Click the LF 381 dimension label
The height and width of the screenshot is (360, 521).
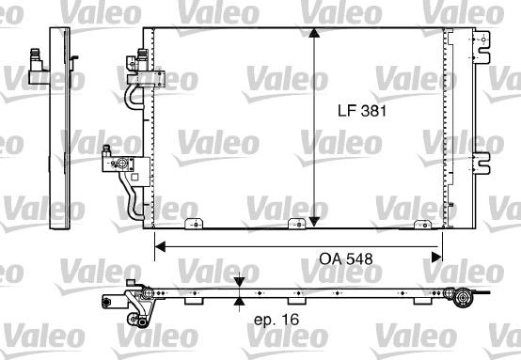[362, 111]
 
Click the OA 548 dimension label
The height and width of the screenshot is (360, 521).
[346, 258]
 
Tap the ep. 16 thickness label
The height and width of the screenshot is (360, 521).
[276, 320]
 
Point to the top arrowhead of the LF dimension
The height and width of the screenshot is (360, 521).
[314, 33]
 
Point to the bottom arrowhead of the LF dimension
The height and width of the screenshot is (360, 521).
[314, 222]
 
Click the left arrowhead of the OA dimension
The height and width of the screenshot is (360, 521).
[160, 247]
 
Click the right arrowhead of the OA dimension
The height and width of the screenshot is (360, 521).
[436, 257]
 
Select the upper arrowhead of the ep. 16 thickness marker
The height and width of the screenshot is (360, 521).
[239, 282]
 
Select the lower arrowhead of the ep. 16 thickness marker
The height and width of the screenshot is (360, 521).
[239, 302]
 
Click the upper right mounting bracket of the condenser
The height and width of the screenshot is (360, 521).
[482, 47]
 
